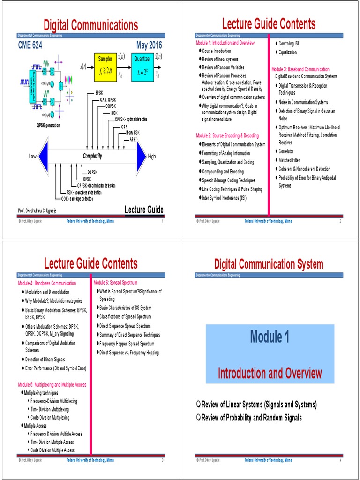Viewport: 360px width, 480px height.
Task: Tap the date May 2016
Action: (x=149, y=46)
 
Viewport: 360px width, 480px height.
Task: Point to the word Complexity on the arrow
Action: (x=92, y=156)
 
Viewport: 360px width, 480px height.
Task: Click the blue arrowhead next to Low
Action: (x=44, y=156)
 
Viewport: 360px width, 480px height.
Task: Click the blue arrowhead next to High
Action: (x=141, y=156)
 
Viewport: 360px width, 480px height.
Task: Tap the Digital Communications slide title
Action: (x=90, y=25)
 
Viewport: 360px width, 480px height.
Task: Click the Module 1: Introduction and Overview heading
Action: (x=225, y=43)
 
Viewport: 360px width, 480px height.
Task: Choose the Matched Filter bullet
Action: (x=289, y=160)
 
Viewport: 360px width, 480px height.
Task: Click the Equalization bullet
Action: (x=287, y=52)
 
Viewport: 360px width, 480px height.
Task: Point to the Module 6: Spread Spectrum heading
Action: (x=115, y=283)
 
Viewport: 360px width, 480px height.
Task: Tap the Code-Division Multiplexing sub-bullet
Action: (x=50, y=418)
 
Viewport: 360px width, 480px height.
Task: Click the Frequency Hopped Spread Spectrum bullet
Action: (x=127, y=344)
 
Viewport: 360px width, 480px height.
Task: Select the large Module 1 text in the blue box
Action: (x=270, y=336)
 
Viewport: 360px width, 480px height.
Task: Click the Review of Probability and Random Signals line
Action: (x=251, y=418)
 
